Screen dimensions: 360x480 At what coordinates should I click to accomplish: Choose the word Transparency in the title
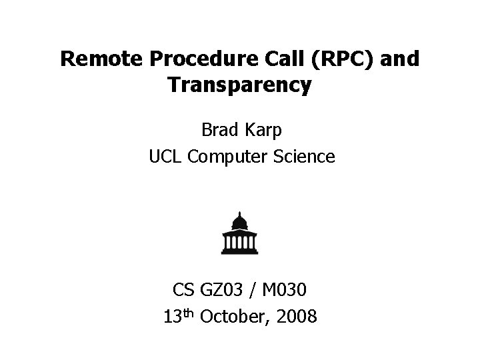click(x=239, y=86)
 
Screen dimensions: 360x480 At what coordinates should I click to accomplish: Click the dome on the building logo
click(x=239, y=222)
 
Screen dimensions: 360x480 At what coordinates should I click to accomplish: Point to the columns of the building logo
click(x=239, y=242)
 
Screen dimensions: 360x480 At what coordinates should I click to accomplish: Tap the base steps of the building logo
click(x=239, y=251)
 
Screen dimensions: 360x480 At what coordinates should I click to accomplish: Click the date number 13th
click(x=179, y=316)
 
